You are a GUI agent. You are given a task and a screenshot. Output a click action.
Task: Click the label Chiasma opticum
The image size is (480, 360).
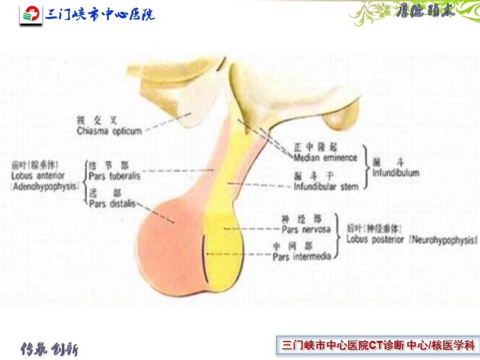[109, 131]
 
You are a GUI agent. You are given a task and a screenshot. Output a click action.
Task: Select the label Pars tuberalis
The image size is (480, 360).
[114, 176]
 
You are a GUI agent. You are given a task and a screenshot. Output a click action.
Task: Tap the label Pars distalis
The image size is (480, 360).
[112, 204]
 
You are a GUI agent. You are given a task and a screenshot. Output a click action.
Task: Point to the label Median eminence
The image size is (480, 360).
[325, 158]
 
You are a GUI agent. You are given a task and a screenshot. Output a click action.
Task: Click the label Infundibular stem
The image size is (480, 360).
[326, 187]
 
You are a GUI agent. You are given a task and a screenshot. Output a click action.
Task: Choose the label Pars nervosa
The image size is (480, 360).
[306, 229]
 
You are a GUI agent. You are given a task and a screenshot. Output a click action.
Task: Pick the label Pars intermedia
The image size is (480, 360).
[302, 256]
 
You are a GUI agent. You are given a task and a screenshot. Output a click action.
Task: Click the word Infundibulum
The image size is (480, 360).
[396, 173]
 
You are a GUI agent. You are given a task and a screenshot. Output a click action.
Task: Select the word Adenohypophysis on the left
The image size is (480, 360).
[45, 186]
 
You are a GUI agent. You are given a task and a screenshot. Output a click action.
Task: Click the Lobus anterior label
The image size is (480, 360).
[38, 176]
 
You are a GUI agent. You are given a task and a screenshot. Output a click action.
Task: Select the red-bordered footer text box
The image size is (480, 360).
[378, 346]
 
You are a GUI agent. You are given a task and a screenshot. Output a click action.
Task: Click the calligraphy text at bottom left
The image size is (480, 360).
[49, 349]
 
